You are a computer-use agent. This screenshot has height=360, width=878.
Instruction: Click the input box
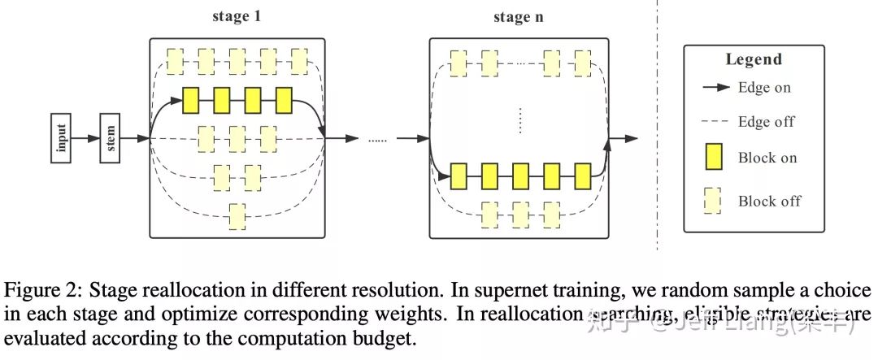pyautogui.click(x=61, y=138)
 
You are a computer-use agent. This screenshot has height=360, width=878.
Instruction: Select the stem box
pyautogui.click(x=110, y=138)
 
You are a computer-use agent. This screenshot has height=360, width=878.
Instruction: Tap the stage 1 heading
pyautogui.click(x=236, y=17)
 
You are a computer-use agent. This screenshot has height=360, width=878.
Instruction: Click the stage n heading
pyautogui.click(x=518, y=17)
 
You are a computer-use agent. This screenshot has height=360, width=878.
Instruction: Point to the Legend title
pyautogui.click(x=754, y=59)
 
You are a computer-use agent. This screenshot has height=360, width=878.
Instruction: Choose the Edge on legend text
pyautogui.click(x=764, y=88)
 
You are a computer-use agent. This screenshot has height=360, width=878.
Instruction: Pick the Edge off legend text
pyautogui.click(x=766, y=122)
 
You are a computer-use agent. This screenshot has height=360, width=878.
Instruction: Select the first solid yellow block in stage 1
pyautogui.click(x=191, y=100)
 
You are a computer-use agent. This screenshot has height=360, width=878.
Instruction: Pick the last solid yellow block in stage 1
pyautogui.click(x=284, y=100)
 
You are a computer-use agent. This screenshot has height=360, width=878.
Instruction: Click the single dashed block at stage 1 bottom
pyautogui.click(x=237, y=215)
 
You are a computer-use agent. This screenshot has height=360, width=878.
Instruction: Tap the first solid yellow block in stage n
pyautogui.click(x=459, y=175)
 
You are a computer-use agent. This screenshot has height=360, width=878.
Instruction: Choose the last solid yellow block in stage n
pyautogui.click(x=582, y=175)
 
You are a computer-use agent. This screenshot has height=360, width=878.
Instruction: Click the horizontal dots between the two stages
pyautogui.click(x=379, y=140)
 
